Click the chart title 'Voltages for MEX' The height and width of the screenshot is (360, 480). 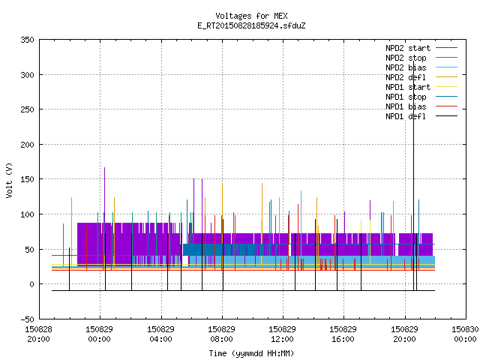[x=251, y=16]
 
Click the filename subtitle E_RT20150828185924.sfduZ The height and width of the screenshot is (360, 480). [x=251, y=25]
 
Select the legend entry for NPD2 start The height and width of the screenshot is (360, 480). [x=421, y=48]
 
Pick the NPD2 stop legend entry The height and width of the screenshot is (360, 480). [x=421, y=58]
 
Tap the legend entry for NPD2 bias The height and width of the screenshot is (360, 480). [x=421, y=67]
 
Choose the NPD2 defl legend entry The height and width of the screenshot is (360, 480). [x=421, y=77]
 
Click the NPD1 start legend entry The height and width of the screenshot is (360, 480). [x=421, y=87]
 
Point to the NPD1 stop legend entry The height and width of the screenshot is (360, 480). [x=421, y=97]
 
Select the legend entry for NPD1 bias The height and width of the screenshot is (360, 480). [x=421, y=106]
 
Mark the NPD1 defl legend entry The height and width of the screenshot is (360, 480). [x=421, y=117]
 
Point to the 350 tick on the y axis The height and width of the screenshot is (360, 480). [x=27, y=40]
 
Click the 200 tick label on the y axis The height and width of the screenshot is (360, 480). [x=27, y=145]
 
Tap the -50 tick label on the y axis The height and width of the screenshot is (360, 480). [x=27, y=319]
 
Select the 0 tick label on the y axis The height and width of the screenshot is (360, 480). [x=31, y=284]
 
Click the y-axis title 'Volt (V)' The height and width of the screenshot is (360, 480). [x=9, y=181]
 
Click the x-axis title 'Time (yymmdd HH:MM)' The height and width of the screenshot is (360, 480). [x=251, y=353]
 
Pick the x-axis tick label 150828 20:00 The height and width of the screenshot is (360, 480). [x=38, y=334]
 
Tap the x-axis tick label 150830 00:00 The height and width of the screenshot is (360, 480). [x=465, y=334]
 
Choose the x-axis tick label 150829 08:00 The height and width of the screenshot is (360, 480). [x=222, y=334]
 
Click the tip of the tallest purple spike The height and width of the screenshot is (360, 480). [x=105, y=167]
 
